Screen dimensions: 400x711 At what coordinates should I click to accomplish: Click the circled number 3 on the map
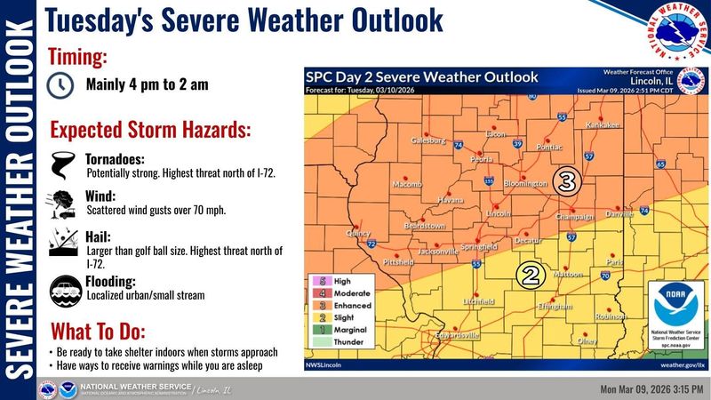pos(566,181)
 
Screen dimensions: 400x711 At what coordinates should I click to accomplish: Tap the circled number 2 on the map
pos(531,275)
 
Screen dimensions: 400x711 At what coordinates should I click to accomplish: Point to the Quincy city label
pos(358,233)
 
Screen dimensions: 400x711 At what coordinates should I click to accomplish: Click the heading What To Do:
pos(98,331)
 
